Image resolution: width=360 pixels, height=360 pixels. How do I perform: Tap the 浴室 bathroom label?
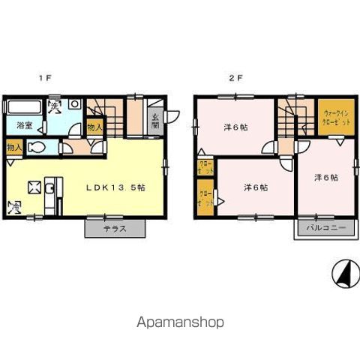click(23, 125)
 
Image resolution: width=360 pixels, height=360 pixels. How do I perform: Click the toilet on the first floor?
click(34, 148)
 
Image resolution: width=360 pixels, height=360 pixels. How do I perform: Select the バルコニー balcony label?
click(325, 228)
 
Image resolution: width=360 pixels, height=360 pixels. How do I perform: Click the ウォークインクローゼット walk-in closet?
click(331, 117)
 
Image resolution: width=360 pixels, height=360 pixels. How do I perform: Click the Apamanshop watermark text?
click(180, 322)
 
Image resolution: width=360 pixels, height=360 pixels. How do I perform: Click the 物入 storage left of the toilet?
click(14, 148)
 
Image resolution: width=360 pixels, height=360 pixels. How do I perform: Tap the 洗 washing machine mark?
click(55, 106)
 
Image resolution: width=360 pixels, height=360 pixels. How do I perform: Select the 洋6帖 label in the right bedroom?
click(325, 178)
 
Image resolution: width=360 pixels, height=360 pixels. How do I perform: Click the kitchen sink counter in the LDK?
click(50, 197)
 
